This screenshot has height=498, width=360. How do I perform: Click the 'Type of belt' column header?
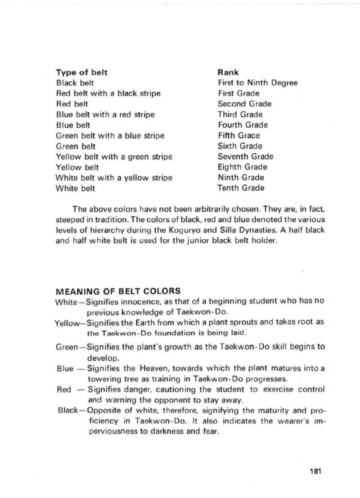coord(82,72)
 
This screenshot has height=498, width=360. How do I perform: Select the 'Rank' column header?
coord(228,72)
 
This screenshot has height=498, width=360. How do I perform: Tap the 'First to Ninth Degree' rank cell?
coord(257,83)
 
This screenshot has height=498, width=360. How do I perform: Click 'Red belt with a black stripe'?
coord(108,94)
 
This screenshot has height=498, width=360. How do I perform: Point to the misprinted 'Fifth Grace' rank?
coord(238,135)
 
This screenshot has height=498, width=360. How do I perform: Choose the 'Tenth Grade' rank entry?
coord(241,188)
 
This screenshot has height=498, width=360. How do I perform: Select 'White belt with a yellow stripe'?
coord(114,178)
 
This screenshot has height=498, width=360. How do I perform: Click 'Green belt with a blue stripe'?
coord(110,136)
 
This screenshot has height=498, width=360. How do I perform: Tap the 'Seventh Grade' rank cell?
coord(245,157)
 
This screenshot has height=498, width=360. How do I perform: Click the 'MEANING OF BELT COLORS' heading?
coord(118,291)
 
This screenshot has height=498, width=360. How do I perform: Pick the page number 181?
coord(316,472)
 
